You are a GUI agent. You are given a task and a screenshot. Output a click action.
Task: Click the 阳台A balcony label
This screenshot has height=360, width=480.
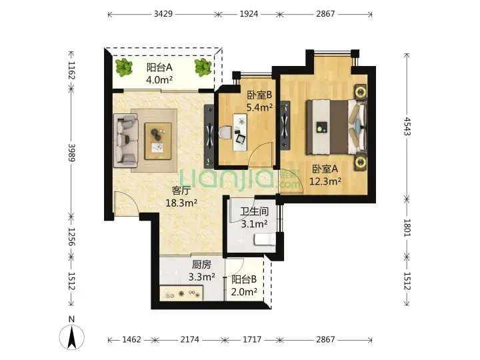(159, 67)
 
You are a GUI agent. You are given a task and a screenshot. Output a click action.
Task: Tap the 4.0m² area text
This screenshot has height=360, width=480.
(159, 80)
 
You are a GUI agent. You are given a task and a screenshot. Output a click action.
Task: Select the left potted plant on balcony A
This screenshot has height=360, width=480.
(124, 67)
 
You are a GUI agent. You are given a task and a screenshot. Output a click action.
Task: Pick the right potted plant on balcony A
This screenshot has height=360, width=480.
(203, 67)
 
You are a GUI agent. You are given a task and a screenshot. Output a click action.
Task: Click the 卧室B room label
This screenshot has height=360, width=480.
(259, 95)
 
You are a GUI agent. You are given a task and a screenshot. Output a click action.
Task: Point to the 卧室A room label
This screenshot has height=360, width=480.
(325, 169)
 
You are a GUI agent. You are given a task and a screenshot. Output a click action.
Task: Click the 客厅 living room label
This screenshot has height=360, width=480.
(181, 191)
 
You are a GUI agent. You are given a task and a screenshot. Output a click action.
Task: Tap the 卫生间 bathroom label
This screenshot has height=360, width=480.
(254, 211)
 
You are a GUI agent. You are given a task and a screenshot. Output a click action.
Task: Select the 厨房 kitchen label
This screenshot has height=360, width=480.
(201, 265)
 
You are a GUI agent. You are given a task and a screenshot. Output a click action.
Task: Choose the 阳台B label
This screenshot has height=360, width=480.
(244, 279)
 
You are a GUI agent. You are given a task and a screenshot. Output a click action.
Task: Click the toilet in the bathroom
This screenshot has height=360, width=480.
(265, 239)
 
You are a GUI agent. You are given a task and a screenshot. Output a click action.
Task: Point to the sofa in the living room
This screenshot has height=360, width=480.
(125, 141)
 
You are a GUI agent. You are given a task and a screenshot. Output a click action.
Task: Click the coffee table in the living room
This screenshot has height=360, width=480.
(158, 141)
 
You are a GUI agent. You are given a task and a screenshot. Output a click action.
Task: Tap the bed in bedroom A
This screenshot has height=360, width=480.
(337, 127)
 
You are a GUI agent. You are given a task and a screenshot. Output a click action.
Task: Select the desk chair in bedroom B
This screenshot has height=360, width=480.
(225, 133)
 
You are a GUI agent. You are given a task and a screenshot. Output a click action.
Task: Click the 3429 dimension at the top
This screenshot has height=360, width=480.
(163, 14)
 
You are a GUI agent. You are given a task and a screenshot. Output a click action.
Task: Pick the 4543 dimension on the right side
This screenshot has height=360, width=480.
(407, 126)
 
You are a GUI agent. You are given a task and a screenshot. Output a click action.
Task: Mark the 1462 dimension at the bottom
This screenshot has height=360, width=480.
(131, 339)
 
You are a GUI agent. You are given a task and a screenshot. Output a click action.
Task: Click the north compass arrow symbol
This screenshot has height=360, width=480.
(71, 337)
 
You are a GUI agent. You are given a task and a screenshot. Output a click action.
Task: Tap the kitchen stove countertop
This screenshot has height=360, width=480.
(181, 293)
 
